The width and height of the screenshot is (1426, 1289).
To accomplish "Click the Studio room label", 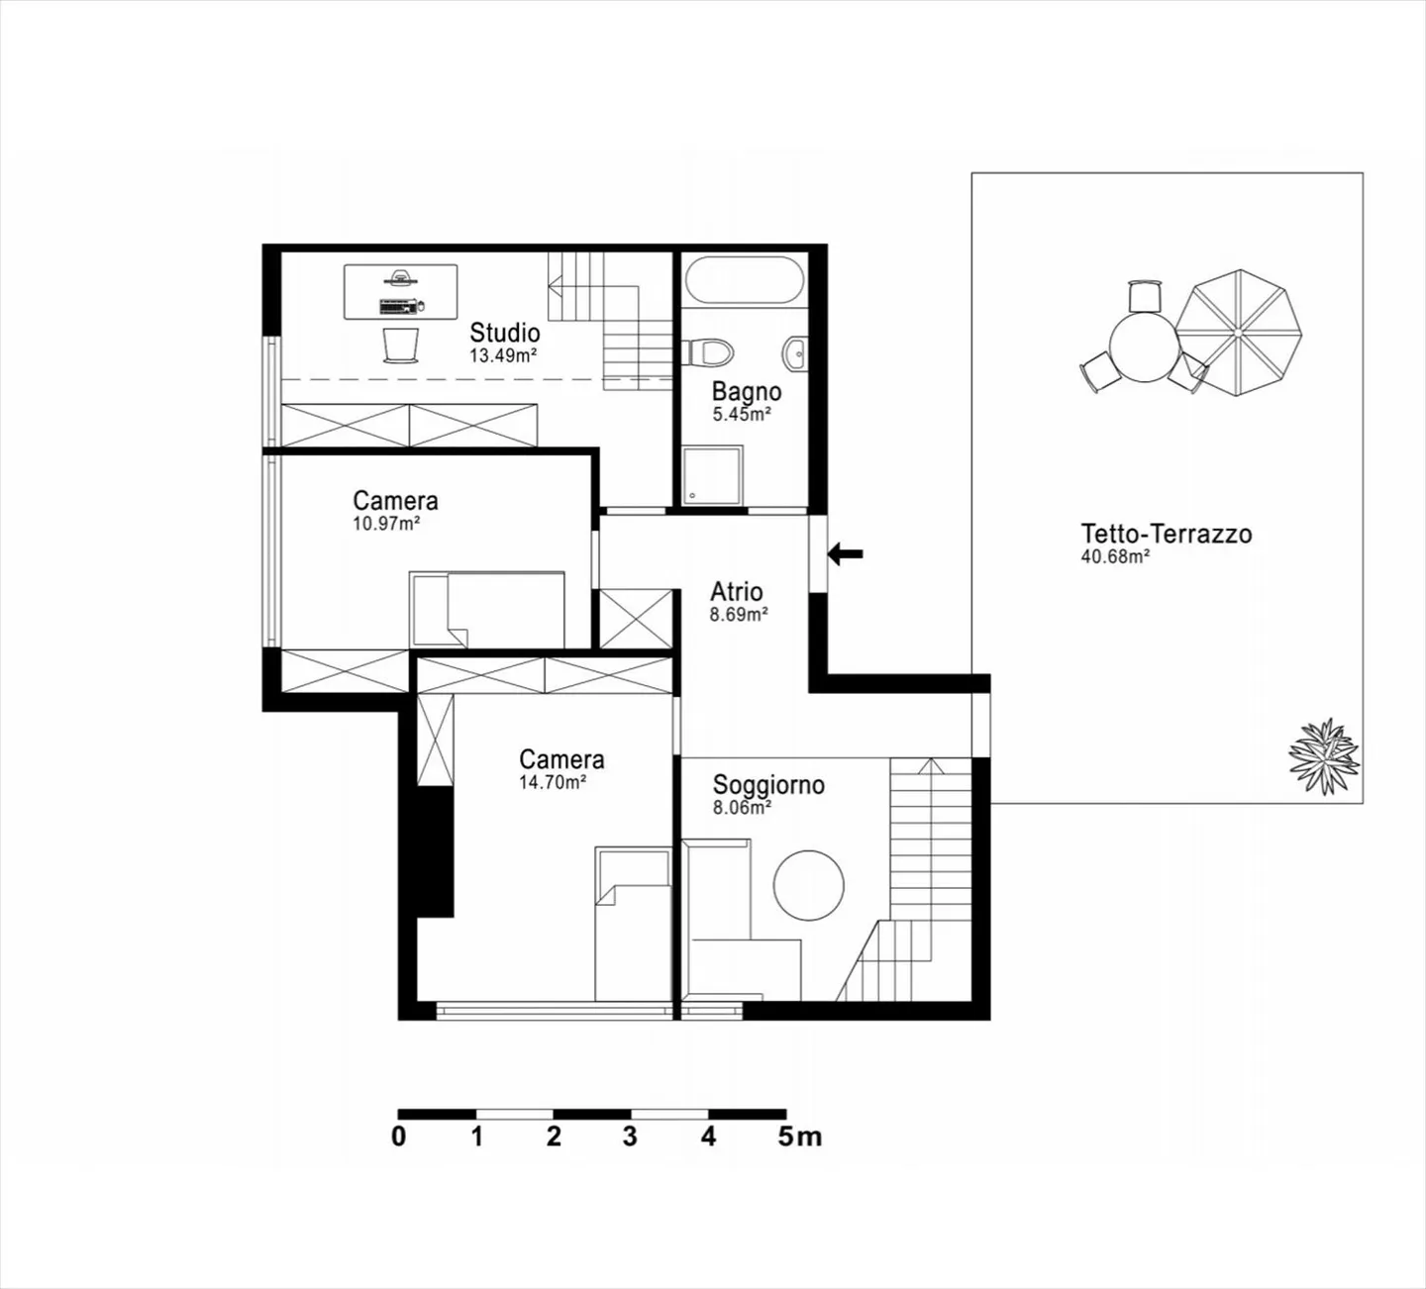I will pos(504,332).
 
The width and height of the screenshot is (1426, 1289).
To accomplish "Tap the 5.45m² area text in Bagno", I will pos(742,415).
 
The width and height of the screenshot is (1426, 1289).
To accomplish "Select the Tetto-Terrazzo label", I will pos(1166,534).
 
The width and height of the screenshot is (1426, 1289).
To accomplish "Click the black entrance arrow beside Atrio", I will pos(845,554).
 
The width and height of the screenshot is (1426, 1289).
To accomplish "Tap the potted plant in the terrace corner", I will pos(1323,755).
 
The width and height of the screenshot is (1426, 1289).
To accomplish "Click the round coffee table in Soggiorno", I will pos(808,884).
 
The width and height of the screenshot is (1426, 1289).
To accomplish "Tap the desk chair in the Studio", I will pos(400,345).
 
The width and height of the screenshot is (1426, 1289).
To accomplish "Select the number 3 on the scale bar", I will pos(630,1137).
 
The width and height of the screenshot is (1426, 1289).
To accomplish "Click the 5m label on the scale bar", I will pos(799,1137).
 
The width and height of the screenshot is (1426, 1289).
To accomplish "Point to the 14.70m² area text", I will pos(553,782).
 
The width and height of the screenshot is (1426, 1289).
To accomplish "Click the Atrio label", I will pos(736,592).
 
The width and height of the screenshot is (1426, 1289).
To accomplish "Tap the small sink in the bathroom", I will pos(794,351).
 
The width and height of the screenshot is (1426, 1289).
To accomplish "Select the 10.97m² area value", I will pos(386,524).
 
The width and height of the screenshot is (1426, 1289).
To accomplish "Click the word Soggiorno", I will pos(768,785).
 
